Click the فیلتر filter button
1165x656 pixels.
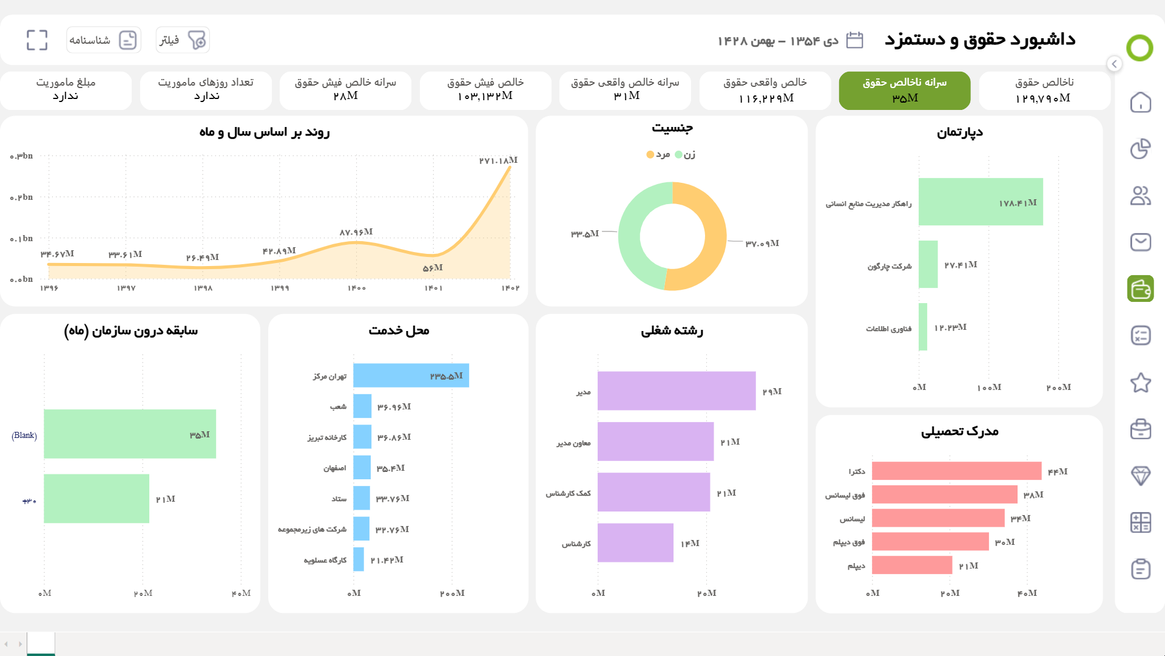point(183,40)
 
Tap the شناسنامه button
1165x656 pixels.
point(104,40)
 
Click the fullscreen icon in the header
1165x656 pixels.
point(37,40)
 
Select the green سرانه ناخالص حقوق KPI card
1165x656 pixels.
point(904,91)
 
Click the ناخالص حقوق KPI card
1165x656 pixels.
point(1044,91)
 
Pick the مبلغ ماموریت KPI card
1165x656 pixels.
point(66,91)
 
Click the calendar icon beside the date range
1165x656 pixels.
point(854,40)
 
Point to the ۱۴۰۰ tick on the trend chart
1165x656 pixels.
point(357,288)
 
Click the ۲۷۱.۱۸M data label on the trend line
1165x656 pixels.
point(498,160)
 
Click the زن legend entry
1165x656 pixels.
point(686,155)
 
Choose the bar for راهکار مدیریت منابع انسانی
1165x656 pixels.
point(980,202)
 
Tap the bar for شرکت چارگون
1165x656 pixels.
point(928,264)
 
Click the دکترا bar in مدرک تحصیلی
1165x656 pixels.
point(956,471)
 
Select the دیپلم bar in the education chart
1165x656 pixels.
point(911,565)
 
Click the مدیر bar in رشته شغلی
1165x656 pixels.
point(676,391)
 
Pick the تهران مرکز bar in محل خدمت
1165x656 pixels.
point(411,375)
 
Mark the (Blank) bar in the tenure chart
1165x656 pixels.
point(130,434)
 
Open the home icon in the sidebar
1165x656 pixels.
point(1140,102)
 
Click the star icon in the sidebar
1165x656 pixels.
point(1140,383)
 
